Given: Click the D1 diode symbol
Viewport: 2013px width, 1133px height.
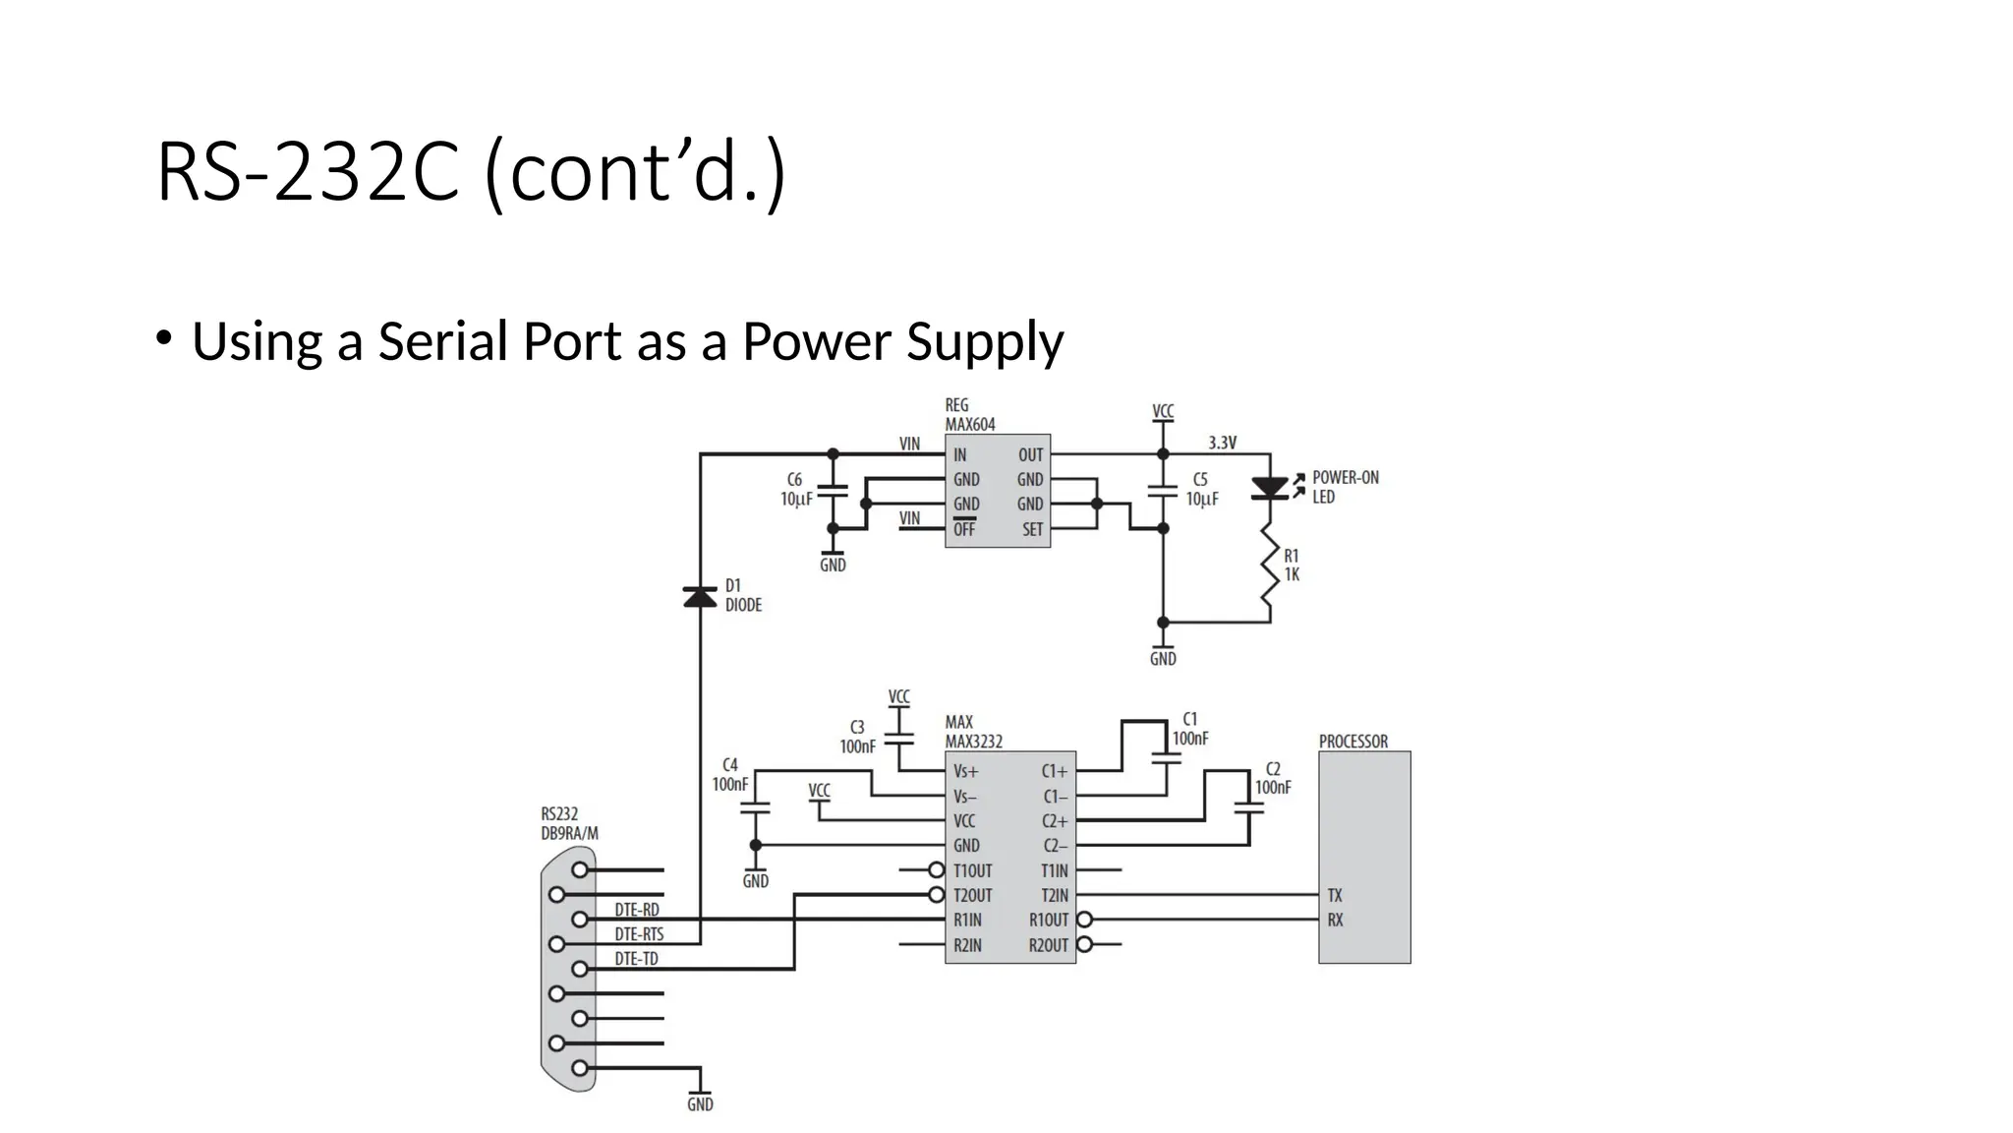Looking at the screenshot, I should (700, 596).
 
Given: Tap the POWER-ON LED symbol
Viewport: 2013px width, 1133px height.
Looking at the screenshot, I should (1270, 488).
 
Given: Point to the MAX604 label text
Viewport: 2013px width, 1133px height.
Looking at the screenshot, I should (970, 425).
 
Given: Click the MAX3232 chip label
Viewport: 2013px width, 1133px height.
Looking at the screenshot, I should (974, 742).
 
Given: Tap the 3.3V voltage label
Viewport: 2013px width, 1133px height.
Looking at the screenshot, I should (1222, 443).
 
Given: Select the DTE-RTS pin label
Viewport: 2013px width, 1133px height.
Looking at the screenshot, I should (639, 934).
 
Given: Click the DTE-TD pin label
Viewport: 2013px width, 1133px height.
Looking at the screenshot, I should (636, 959).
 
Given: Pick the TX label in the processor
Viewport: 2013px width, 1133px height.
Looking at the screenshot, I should (1335, 895).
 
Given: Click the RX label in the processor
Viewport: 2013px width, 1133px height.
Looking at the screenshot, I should (1335, 921).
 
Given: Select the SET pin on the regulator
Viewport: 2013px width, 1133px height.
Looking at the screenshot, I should (1032, 529).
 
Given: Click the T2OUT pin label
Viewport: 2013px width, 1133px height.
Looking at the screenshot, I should (972, 895).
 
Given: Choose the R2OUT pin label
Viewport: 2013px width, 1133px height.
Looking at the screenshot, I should (1048, 945).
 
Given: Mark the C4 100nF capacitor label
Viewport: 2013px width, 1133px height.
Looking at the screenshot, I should (730, 775).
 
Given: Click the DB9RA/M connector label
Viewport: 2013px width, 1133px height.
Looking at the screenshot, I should (569, 833).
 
